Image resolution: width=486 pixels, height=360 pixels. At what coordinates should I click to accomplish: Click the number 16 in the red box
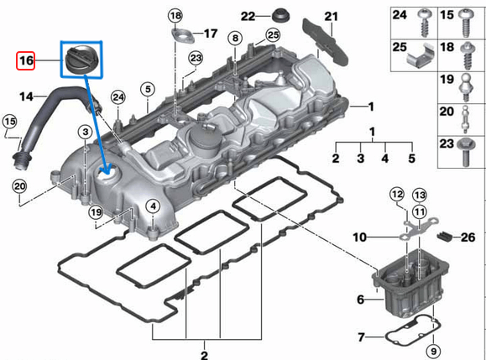point(26,61)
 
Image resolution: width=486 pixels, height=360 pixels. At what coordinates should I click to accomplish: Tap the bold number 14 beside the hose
point(28,97)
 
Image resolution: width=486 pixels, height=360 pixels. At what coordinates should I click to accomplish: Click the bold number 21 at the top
point(331,17)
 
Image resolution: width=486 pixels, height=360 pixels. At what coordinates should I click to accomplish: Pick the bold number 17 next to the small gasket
point(210,34)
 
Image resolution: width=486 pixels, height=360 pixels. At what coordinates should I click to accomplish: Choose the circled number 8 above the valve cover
point(234,39)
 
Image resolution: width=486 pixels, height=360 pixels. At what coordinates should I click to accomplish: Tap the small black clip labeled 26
point(447,237)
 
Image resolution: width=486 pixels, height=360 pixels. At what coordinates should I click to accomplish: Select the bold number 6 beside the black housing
point(360,298)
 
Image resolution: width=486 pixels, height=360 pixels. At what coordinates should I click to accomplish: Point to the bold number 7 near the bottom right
point(361,337)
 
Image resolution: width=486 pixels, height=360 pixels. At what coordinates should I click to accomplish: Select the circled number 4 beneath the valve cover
point(152,206)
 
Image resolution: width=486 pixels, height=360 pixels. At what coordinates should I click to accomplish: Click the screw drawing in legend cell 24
point(421,17)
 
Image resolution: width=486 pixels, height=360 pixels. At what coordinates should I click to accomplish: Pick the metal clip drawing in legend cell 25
point(421,55)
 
